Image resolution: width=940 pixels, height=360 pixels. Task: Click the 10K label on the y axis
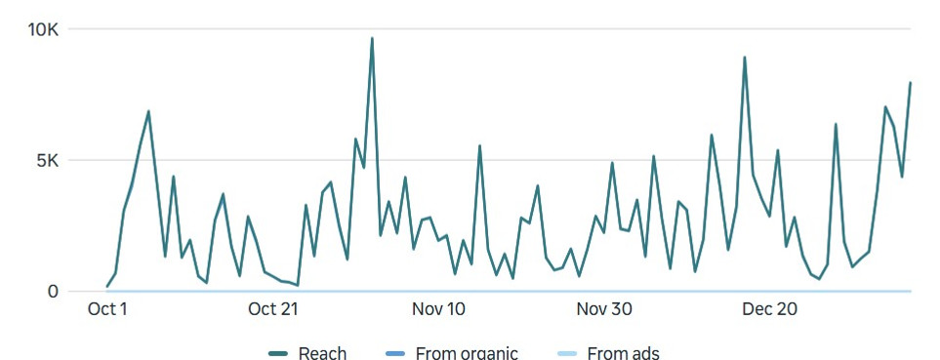[x=42, y=29]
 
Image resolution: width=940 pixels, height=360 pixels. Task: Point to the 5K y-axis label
[x=47, y=160]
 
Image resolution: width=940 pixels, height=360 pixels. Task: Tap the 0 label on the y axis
[x=55, y=291]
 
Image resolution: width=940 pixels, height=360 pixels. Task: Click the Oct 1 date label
[x=107, y=309]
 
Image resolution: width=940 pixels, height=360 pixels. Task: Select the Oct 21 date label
[x=272, y=309]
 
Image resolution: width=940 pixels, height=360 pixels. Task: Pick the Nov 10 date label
[x=438, y=309]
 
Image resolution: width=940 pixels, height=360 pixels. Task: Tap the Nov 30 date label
[x=604, y=309]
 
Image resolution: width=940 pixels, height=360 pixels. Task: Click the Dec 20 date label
[x=769, y=309]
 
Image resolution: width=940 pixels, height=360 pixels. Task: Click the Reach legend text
[x=322, y=352]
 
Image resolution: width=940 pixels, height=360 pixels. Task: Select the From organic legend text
[x=467, y=352]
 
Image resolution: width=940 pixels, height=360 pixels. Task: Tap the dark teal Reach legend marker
[x=278, y=353]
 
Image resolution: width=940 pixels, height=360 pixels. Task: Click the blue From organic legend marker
[x=395, y=353]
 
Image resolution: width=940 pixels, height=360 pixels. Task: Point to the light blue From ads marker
[x=567, y=353]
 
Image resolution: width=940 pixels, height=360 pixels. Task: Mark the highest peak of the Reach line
[x=372, y=39]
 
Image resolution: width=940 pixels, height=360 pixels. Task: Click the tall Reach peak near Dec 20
[x=745, y=58]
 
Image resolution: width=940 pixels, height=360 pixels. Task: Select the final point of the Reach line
[x=911, y=83]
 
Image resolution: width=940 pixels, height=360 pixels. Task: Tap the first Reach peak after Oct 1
[x=148, y=111]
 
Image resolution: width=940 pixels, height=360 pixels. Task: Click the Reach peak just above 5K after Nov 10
[x=480, y=146]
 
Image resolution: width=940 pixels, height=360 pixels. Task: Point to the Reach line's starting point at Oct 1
[x=107, y=287]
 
